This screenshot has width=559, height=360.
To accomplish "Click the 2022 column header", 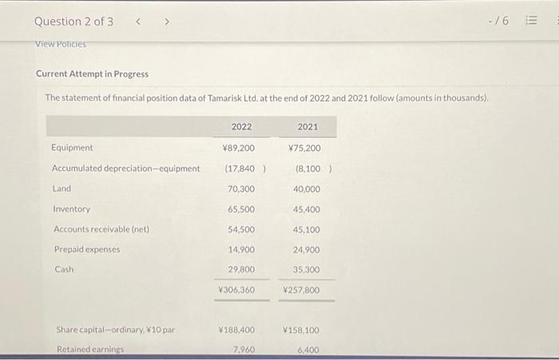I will pyautogui.click(x=241, y=127).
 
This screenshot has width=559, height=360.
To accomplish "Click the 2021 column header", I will pyautogui.click(x=307, y=127).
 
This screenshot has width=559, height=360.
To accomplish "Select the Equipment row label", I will pyautogui.click(x=72, y=148).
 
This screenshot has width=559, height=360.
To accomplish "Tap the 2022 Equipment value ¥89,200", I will pyautogui.click(x=239, y=148).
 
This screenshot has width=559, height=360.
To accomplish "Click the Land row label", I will pyautogui.click(x=61, y=189).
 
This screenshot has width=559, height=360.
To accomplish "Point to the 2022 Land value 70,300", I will pyautogui.click(x=241, y=189).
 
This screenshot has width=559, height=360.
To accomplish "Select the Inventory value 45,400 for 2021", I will pyautogui.click(x=306, y=209).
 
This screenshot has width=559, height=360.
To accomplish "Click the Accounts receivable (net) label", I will pyautogui.click(x=101, y=229).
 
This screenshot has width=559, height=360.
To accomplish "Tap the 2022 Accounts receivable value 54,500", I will pyautogui.click(x=241, y=229).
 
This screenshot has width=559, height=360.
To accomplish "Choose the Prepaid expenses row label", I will pyautogui.click(x=87, y=249).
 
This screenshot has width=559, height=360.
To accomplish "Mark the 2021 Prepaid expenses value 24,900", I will pyautogui.click(x=306, y=249).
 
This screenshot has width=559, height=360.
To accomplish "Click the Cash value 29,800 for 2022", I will pyautogui.click(x=241, y=270).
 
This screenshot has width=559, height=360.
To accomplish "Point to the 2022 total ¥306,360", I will pyautogui.click(x=237, y=290).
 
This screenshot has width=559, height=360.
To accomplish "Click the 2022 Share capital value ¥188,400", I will pyautogui.click(x=237, y=330).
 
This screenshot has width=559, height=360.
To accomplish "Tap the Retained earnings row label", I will pyautogui.click(x=89, y=350).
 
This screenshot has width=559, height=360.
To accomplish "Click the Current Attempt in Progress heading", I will pyautogui.click(x=92, y=74).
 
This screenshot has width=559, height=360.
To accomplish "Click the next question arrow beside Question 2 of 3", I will pyautogui.click(x=166, y=22).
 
